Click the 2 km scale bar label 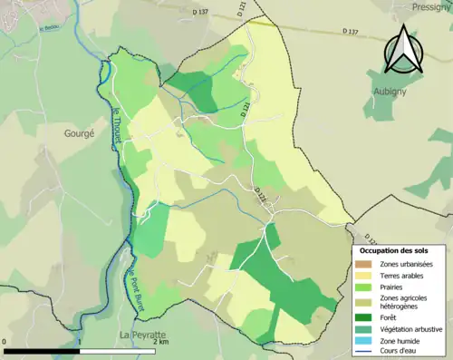160,343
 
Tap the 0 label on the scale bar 5,343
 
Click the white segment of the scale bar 118,350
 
